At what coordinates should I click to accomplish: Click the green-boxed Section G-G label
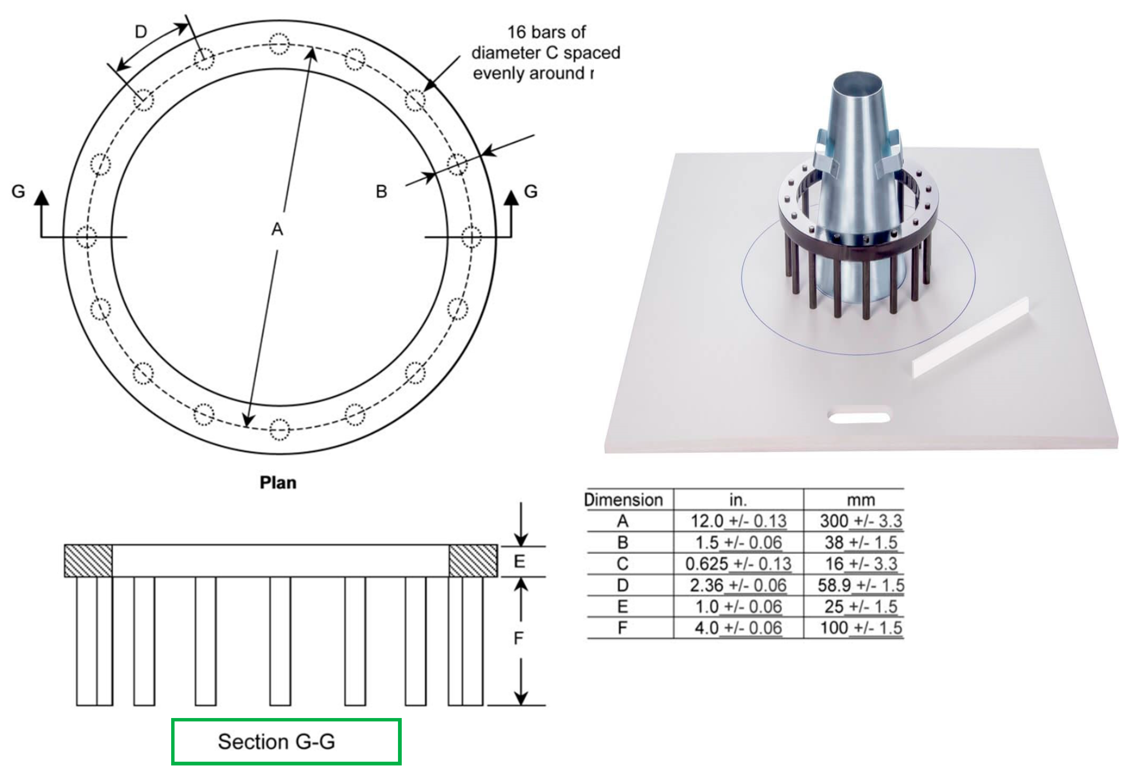coord(286,741)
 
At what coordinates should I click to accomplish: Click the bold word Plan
coord(278,482)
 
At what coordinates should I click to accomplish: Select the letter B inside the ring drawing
coord(381,191)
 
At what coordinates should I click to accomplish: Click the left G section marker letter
coord(18,191)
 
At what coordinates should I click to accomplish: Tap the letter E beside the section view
coord(519,561)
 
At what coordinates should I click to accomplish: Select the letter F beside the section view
coord(518,638)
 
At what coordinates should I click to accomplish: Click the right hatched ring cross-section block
coord(473,561)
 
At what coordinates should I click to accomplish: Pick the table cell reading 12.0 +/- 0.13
coord(738,521)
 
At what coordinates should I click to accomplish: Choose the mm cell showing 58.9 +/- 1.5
coord(860,585)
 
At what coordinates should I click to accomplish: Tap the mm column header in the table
coord(861,500)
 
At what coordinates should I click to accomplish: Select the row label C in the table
coord(623,564)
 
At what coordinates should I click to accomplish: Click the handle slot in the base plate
coord(858,417)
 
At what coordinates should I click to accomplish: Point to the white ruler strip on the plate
coord(971,337)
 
